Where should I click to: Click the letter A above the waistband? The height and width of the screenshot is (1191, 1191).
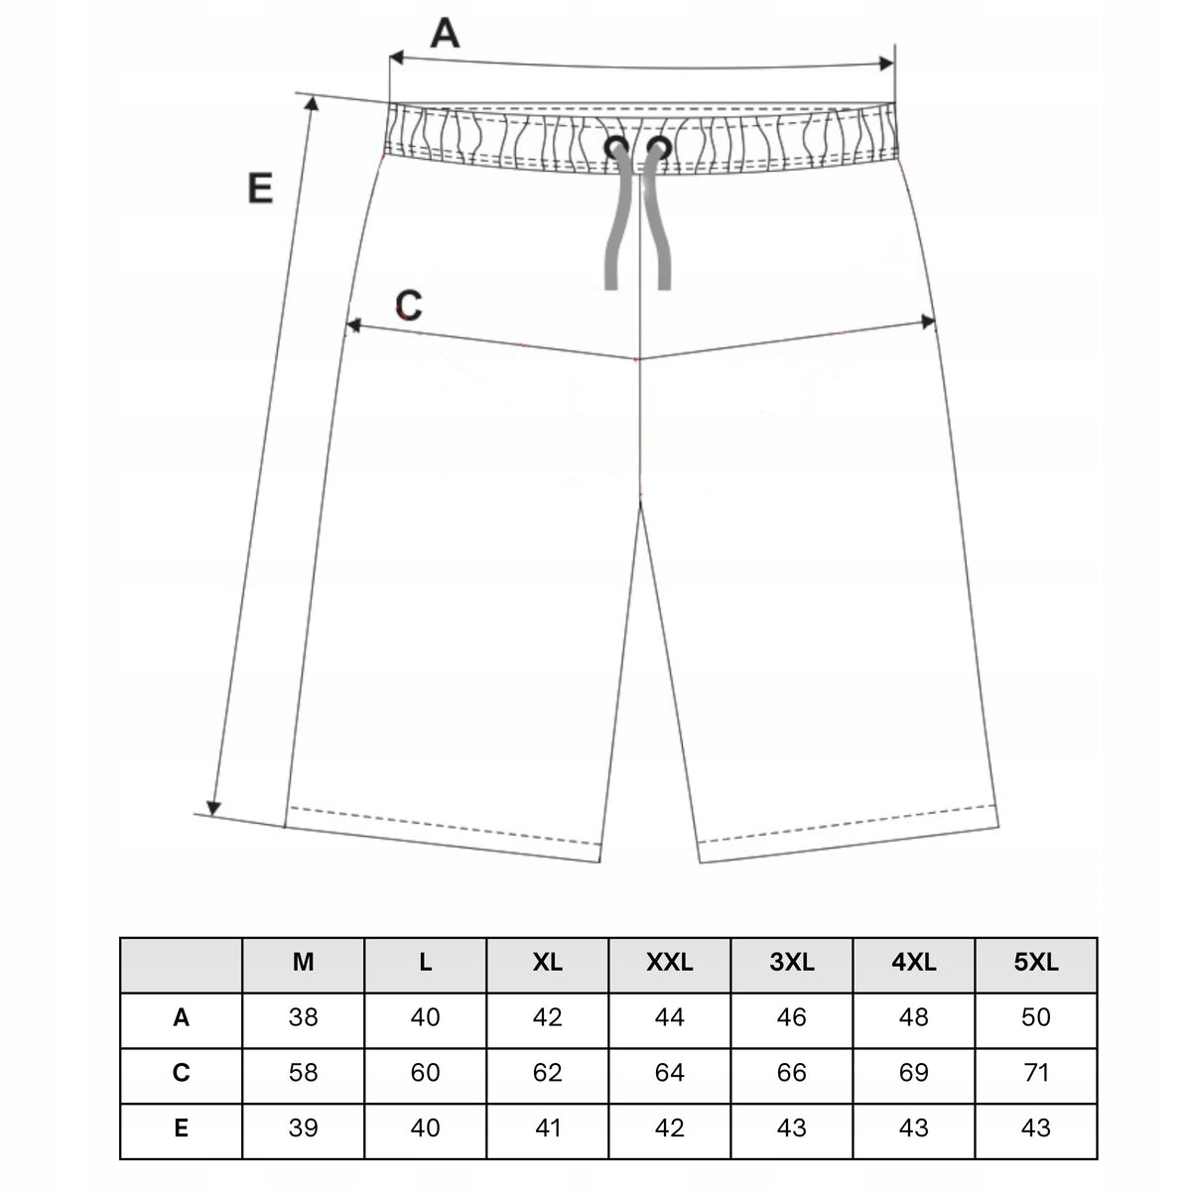pos(445,34)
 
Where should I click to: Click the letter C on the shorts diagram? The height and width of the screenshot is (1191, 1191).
pos(409,305)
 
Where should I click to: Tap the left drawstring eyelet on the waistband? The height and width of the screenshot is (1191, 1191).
pos(616,148)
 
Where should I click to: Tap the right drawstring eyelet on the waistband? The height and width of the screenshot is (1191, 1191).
pos(659,148)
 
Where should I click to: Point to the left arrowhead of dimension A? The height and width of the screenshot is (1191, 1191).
pos(396,58)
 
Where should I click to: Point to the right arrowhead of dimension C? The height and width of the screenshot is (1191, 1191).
pos(928,322)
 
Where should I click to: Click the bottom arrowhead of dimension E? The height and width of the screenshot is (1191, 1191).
pos(213,807)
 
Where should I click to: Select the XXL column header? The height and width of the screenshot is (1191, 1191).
pos(669,962)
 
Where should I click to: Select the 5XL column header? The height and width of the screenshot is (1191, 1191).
pos(1036,962)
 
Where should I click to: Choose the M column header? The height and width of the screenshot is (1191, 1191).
pos(303,962)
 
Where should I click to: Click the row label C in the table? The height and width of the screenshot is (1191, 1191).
pos(181,1072)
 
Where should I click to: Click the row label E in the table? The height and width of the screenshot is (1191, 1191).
pos(181,1127)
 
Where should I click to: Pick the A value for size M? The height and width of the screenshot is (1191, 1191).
pos(303,1017)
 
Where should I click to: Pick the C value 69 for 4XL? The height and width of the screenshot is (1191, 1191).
pos(913,1072)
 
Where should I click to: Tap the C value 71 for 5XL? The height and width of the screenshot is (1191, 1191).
pos(1036,1072)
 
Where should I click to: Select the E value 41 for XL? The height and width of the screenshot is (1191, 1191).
pos(548,1127)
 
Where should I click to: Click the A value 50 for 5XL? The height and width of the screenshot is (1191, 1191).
pos(1036,1017)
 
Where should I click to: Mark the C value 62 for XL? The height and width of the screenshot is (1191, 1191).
pos(548,1072)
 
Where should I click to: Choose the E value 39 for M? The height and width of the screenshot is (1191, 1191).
pos(303,1127)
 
